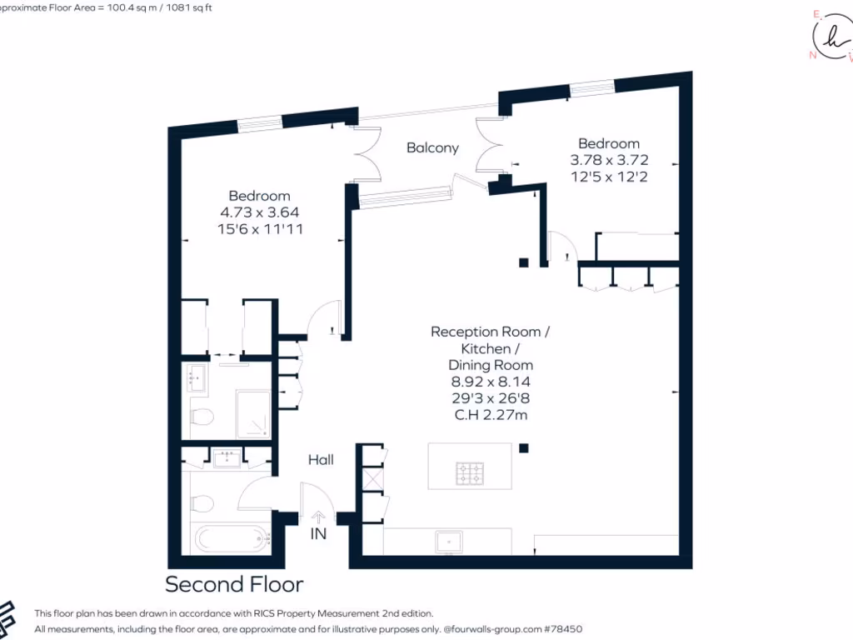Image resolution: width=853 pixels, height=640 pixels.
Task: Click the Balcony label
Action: [432, 147]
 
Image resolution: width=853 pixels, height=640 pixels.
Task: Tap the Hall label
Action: [321, 459]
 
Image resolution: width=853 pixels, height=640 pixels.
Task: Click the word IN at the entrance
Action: [318, 534]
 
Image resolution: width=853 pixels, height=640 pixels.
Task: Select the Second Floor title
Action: [234, 584]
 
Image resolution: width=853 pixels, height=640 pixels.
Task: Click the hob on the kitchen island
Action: [470, 474]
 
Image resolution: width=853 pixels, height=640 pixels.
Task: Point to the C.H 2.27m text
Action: [491, 415]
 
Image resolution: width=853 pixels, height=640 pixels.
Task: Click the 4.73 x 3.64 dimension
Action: [259, 212]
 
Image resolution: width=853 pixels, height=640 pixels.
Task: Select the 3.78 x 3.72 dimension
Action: [609, 159]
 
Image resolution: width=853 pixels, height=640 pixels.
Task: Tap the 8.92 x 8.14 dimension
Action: [491, 382]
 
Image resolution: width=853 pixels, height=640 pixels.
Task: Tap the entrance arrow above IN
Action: [318, 517]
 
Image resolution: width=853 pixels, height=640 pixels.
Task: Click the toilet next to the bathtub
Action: [201, 503]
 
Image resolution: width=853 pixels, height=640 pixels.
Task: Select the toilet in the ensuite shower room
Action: [201, 416]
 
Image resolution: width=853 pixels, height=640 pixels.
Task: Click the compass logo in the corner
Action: [831, 38]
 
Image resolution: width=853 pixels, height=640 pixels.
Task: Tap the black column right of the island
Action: [523, 448]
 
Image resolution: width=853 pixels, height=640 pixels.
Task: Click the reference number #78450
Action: [564, 630]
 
